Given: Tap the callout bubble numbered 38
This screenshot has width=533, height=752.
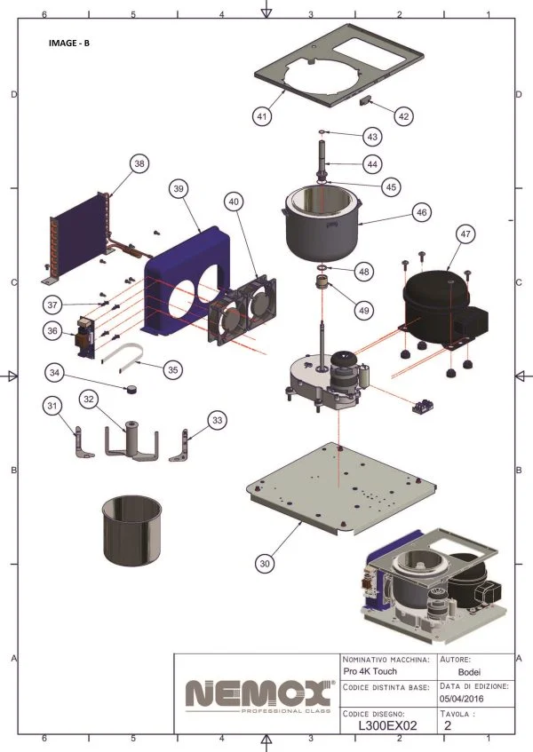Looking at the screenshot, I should [x=139, y=163].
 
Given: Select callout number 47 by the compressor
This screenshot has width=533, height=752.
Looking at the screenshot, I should [x=464, y=234].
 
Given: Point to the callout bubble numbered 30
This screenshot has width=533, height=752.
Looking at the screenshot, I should [x=264, y=562].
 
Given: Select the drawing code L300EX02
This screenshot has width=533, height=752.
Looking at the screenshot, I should [x=387, y=725].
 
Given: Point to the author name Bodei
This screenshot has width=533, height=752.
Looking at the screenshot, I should [x=471, y=674].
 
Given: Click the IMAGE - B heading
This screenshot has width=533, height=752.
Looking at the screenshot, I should [x=68, y=43].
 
